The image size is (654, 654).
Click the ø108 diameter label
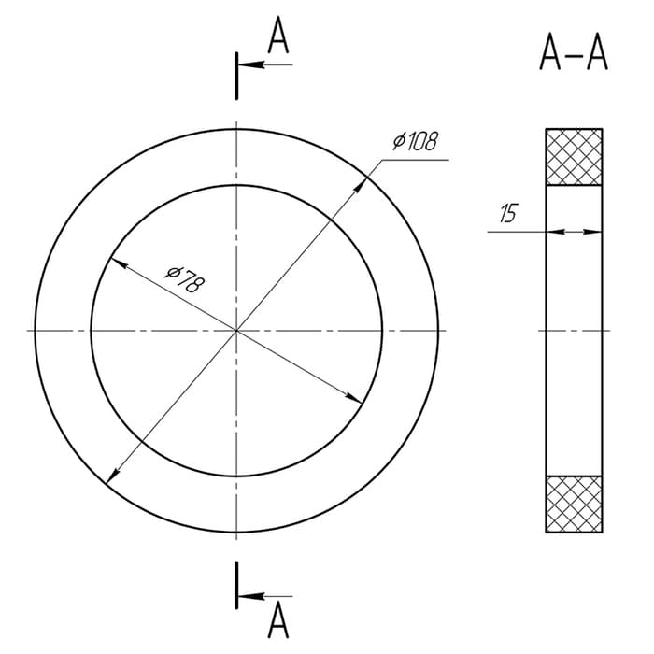click(416, 141)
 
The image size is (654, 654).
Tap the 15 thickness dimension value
click(508, 213)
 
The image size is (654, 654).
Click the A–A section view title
click(574, 52)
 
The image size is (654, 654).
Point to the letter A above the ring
click(278, 36)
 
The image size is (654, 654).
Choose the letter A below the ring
click(278, 620)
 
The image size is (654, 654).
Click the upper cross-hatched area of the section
click(574, 157)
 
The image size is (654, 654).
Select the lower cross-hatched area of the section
click(574, 504)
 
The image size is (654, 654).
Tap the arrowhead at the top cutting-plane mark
click(251, 64)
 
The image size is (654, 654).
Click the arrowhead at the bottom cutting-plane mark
click(251, 596)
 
